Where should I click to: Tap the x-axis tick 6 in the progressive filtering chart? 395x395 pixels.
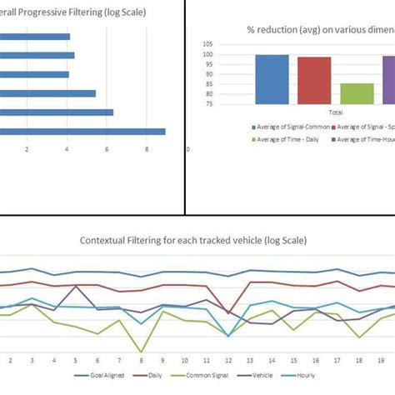[x=107, y=150]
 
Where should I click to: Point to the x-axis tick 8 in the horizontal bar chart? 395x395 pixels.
[x=147, y=150]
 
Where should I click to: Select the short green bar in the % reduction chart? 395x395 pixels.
[x=357, y=93]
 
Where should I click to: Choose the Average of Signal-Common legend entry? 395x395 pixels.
[x=287, y=127]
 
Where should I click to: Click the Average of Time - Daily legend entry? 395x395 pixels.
[x=287, y=137]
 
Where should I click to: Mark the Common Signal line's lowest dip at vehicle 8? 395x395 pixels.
[x=142, y=352]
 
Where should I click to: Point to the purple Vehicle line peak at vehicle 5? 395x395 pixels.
[x=76, y=287]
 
